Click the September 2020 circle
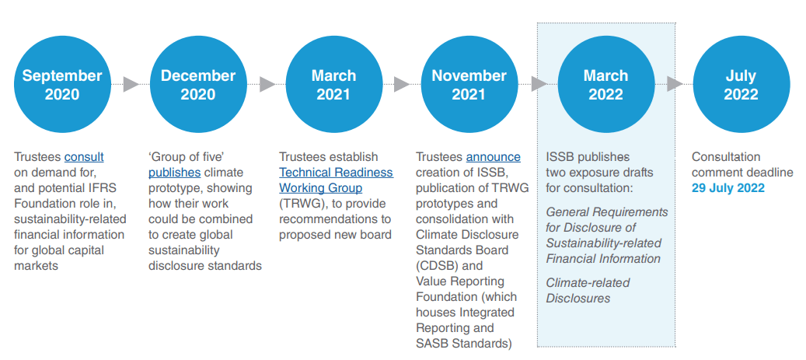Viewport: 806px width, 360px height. click(62, 85)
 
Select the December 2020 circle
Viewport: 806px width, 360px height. click(198, 85)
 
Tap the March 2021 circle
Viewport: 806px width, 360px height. click(333, 85)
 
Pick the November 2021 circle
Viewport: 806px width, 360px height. click(469, 85)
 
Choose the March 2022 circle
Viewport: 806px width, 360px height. click(605, 85)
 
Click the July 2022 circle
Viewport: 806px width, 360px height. click(741, 85)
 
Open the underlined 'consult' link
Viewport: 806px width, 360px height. click(84, 157)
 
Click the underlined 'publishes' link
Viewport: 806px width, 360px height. click(174, 173)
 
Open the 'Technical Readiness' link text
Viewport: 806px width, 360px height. click(336, 173)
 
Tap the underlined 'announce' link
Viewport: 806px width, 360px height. click(494, 157)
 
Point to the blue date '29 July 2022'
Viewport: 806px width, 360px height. click(728, 188)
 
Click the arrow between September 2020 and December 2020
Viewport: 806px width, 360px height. click(131, 84)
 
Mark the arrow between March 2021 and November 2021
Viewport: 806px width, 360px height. click(402, 84)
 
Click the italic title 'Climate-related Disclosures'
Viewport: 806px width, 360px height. click(588, 290)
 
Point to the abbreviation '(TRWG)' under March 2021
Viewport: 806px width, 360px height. click(300, 204)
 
